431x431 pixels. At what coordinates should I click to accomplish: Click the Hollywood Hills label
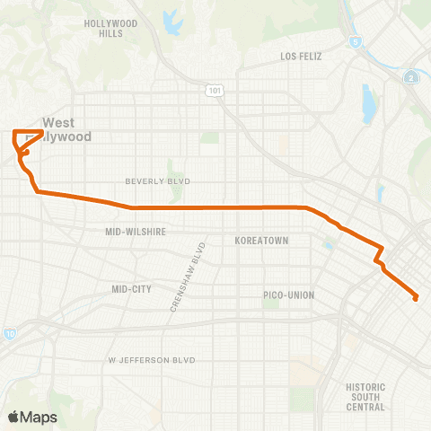(110, 28)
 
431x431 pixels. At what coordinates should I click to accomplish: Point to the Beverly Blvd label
(158, 180)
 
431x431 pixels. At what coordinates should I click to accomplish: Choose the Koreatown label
(260, 242)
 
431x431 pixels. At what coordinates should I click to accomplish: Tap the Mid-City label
(131, 289)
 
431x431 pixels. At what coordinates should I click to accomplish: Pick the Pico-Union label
(287, 295)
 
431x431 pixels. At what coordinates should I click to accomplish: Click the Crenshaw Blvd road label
(189, 277)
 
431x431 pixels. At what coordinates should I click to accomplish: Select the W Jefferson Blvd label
(152, 359)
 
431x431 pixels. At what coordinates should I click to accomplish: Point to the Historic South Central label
(365, 397)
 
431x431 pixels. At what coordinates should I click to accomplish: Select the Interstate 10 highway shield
(9, 334)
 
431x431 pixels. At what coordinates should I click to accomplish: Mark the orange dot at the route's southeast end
(416, 298)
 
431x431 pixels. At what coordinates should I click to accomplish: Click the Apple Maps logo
(32, 417)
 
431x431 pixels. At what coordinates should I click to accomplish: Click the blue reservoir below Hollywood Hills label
(168, 18)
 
